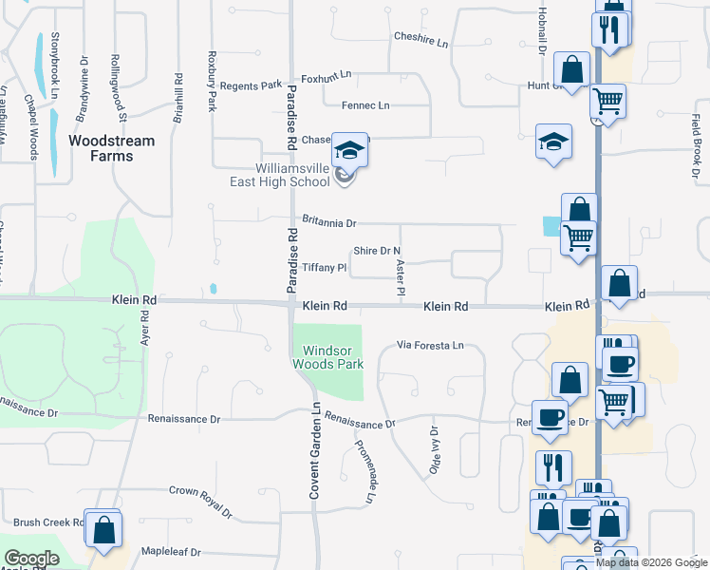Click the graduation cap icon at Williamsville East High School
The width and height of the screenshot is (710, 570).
(x=348, y=152)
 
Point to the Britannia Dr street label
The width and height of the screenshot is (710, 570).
(x=328, y=222)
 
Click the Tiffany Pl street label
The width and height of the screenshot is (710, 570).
(x=325, y=268)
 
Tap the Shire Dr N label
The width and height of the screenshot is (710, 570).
(x=371, y=251)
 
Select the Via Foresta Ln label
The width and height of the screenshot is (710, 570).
(x=430, y=345)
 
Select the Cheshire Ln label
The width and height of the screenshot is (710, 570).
(x=420, y=37)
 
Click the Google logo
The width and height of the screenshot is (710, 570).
(x=30, y=560)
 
